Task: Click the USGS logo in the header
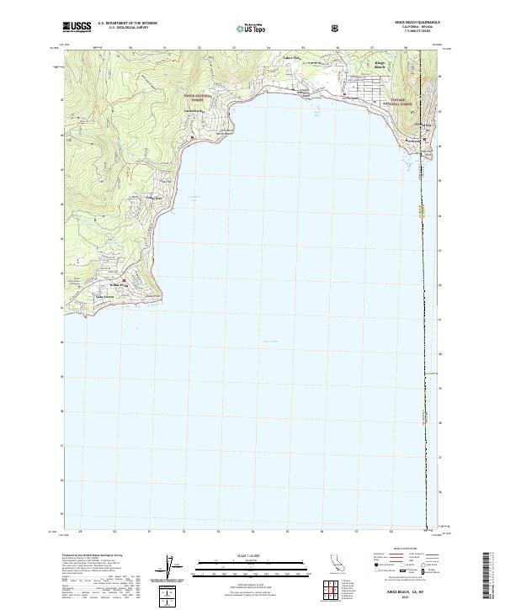77,27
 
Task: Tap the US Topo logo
252,28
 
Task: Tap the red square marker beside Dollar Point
123,280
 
